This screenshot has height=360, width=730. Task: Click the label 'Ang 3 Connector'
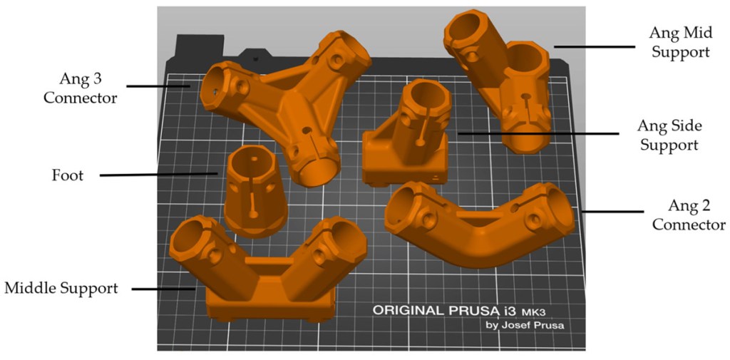click(x=81, y=88)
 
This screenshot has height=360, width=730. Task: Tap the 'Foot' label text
click(x=68, y=175)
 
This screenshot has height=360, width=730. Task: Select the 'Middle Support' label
click(x=61, y=288)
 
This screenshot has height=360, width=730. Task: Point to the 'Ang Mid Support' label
click(x=679, y=41)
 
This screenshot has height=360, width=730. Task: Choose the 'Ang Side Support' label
click(x=669, y=135)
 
